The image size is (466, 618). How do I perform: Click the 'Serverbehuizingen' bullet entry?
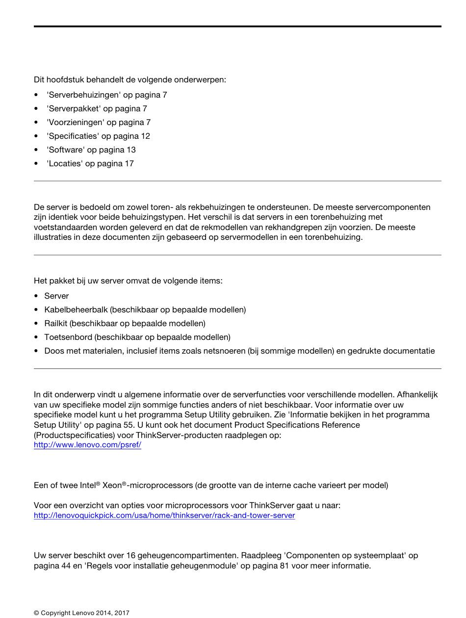(x=106, y=95)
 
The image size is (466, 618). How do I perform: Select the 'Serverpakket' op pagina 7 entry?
(x=97, y=108)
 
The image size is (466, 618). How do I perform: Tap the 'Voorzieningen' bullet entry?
(x=98, y=122)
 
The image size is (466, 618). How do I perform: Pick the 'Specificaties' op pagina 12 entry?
(x=98, y=136)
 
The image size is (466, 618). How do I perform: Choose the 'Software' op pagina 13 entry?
(x=91, y=150)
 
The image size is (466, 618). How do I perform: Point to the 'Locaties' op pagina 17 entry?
(x=90, y=163)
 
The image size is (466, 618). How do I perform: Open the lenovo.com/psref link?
(x=87, y=445)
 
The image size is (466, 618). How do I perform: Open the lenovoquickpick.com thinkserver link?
(x=164, y=515)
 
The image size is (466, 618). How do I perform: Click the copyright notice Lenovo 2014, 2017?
(x=81, y=613)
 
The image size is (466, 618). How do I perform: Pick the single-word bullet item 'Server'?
(x=56, y=296)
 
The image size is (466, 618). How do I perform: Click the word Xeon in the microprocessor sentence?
(x=112, y=485)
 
